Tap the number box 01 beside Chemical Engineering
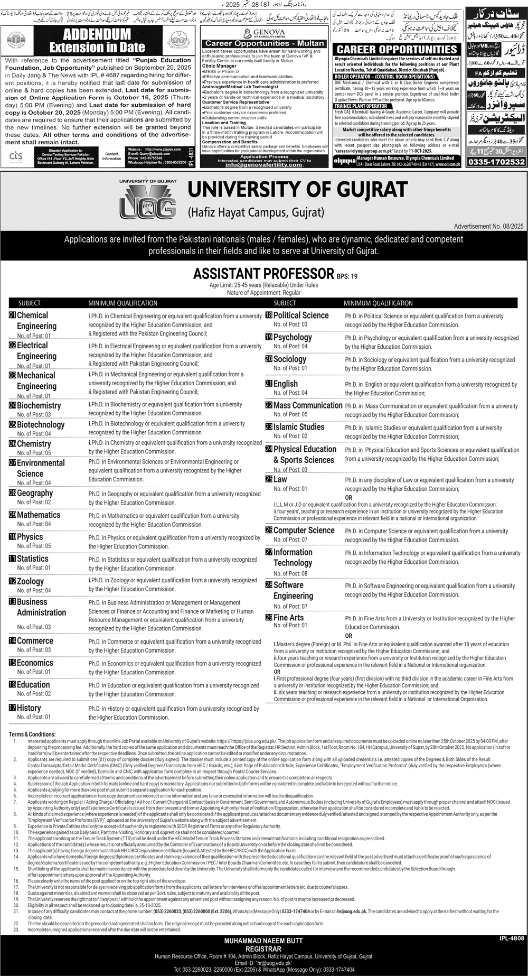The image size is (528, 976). point(12,315)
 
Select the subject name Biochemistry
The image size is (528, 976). point(39,405)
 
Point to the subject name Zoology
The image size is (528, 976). point(30,581)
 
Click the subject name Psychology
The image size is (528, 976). point(293,337)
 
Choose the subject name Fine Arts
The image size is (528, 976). point(288,617)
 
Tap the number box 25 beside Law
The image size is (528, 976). point(269,479)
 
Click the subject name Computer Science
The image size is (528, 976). point(304,530)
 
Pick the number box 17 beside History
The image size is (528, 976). point(12,708)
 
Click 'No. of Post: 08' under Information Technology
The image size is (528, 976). point(290,573)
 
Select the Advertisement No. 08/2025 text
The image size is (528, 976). point(488,226)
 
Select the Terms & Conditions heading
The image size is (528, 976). point(32,734)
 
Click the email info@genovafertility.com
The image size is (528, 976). point(263,164)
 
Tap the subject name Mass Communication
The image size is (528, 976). point(308,405)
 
